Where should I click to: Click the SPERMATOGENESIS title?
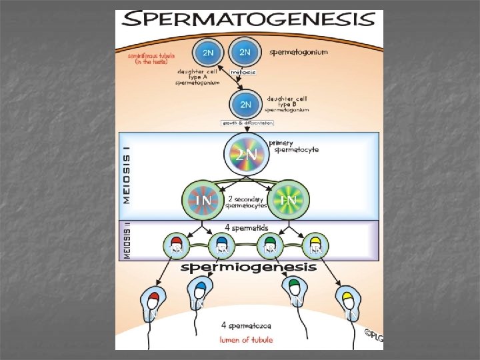(x=249, y=19)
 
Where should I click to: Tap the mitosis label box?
(x=243, y=72)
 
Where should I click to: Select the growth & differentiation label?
(x=247, y=123)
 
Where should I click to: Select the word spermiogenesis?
(x=249, y=267)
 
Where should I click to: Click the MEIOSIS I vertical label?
(x=126, y=175)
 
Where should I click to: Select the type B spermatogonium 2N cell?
(x=245, y=103)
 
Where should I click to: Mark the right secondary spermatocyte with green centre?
(x=288, y=198)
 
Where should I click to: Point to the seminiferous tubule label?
(x=151, y=59)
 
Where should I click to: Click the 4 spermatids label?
(x=248, y=227)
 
